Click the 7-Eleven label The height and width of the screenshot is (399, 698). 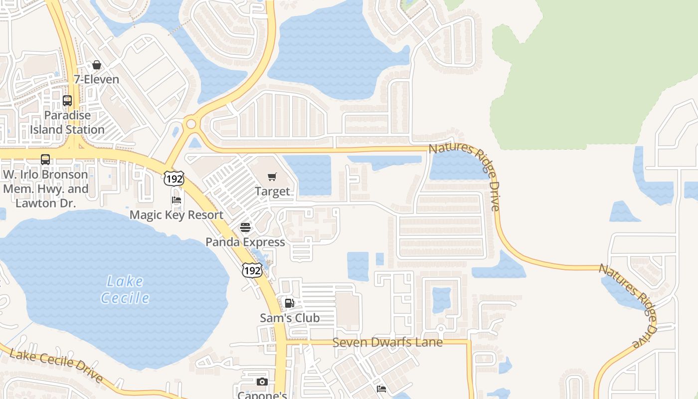pos(96,79)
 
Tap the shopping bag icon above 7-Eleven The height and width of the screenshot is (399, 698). pos(97,65)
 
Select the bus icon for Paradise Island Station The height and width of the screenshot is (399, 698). pos(67,101)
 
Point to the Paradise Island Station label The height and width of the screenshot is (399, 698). pos(67,122)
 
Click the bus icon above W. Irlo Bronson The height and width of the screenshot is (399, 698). pos(45,160)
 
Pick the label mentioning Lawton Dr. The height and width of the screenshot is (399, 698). pos(45,189)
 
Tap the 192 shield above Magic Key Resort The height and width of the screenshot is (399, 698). pos(174,178)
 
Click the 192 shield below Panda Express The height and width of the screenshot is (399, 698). pos(252,270)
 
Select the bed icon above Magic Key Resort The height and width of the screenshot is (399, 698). pos(176,200)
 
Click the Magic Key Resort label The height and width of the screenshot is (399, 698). pos(176,215)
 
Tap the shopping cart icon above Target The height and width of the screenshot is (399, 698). pos(272,177)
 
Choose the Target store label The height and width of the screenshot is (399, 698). pos(272,191)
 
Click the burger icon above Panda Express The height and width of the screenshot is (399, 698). pos(245,227)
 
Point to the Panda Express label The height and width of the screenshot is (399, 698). pos(245,242)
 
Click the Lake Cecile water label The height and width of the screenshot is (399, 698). pos(125,290)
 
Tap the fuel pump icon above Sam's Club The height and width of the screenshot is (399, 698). pos(289,303)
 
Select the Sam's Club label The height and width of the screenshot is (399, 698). pos(290,318)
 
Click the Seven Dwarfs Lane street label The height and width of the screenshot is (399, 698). pos(387,343)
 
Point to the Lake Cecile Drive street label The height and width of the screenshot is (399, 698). pos(56,366)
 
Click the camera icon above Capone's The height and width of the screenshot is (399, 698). pos(262,382)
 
